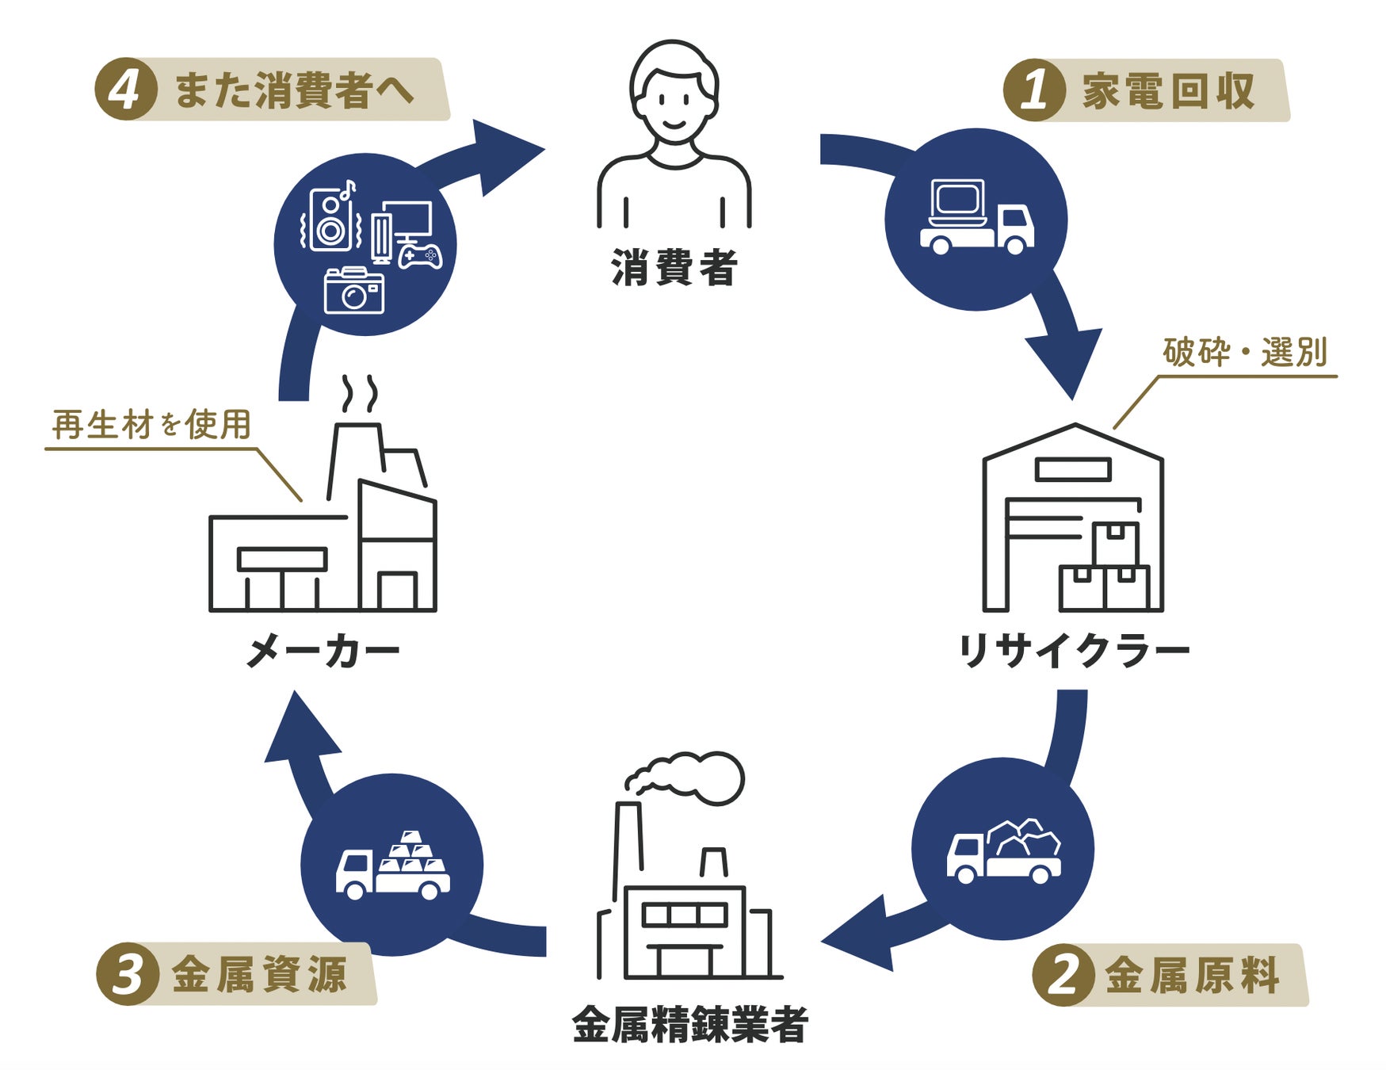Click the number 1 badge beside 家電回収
[1033, 90]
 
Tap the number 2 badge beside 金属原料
[1062, 974]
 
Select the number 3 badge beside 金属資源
[126, 973]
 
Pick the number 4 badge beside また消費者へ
[124, 90]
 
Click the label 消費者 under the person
[674, 268]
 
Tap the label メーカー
[323, 652]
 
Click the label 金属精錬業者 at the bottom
[689, 1025]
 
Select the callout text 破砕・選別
[1245, 352]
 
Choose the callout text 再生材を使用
[151, 425]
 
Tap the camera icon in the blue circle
[354, 291]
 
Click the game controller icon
[420, 255]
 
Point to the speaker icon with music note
[331, 219]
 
